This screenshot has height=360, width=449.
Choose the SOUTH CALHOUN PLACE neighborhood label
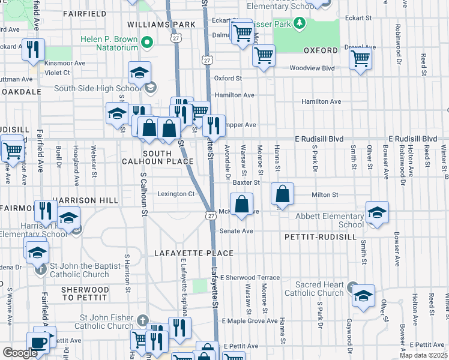pyautogui.click(x=158, y=157)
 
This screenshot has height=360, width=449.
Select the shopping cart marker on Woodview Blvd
pyautogui.click(x=360, y=59)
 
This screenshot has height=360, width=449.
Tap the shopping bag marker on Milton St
pyautogui.click(x=282, y=194)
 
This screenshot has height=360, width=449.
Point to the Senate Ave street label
pyautogui.click(x=240, y=231)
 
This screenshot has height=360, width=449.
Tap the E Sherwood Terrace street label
pyautogui.click(x=250, y=278)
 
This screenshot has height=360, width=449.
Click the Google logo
pyautogui.click(x=20, y=353)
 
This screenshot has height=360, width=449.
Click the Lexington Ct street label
pyautogui.click(x=176, y=194)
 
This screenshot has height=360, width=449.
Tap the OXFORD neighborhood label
pyautogui.click(x=321, y=50)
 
